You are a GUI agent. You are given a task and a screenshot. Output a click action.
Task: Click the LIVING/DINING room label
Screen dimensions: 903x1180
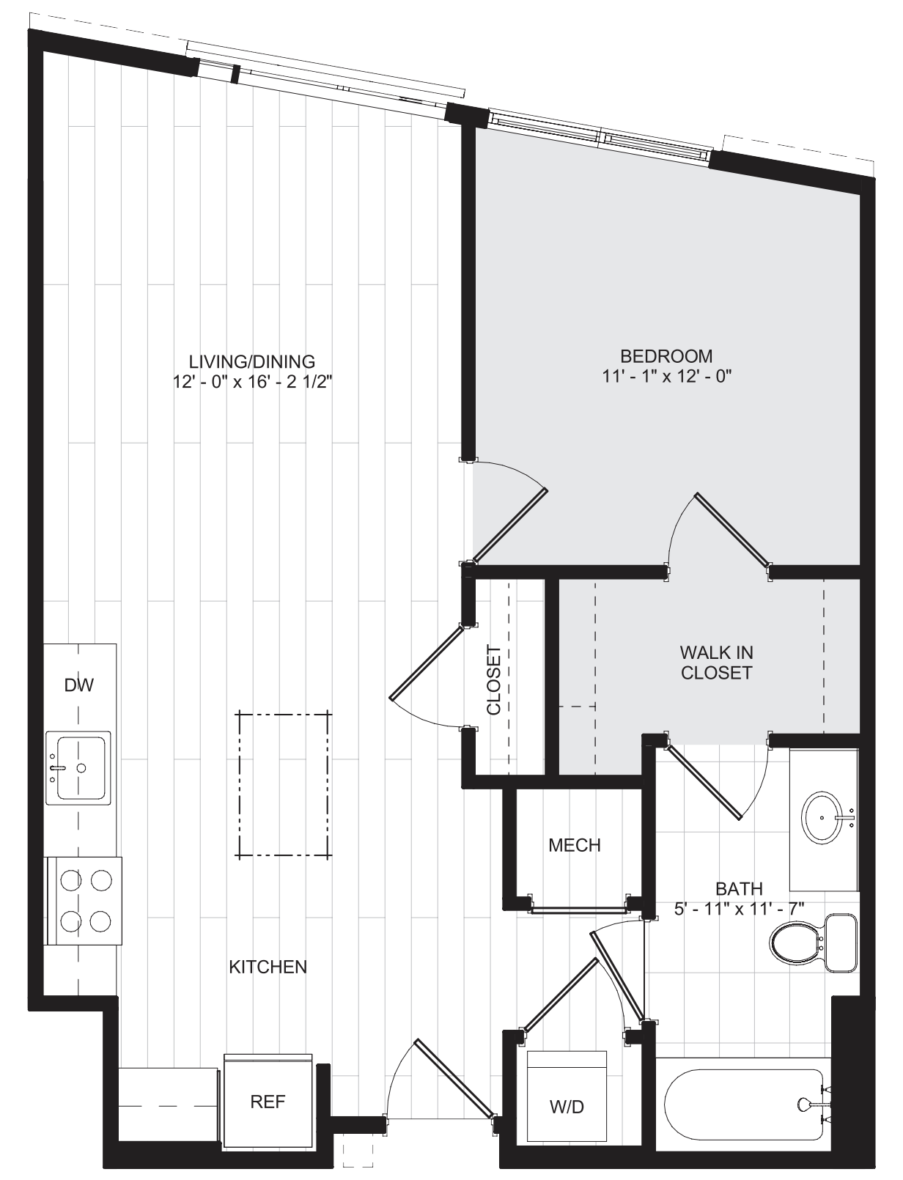pyautogui.click(x=251, y=361)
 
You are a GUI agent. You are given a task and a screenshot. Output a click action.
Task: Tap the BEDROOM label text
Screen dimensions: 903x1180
pyautogui.click(x=666, y=356)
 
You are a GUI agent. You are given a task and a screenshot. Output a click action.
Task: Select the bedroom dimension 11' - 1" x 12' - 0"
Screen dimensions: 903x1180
pyautogui.click(x=667, y=376)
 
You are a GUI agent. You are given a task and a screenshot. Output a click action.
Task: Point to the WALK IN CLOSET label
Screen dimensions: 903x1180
pyautogui.click(x=717, y=663)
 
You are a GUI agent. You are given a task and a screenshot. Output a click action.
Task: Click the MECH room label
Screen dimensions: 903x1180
pyautogui.click(x=575, y=845)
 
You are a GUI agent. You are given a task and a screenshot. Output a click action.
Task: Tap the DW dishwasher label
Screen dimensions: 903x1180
pyautogui.click(x=79, y=685)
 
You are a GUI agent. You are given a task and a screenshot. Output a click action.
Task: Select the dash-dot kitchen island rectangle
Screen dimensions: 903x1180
pyautogui.click(x=284, y=784)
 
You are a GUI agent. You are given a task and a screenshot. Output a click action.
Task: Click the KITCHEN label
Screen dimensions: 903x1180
pyautogui.click(x=268, y=967)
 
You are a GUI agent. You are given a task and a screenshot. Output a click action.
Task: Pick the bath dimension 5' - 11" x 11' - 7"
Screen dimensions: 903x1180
pyautogui.click(x=739, y=909)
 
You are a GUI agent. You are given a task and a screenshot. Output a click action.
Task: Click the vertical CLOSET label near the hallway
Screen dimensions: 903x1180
pyautogui.click(x=493, y=680)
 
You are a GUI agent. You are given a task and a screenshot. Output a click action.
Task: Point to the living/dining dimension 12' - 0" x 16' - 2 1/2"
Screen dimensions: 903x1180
pyautogui.click(x=252, y=382)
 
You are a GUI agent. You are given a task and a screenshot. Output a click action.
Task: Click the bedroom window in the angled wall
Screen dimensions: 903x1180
pyautogui.click(x=600, y=135)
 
